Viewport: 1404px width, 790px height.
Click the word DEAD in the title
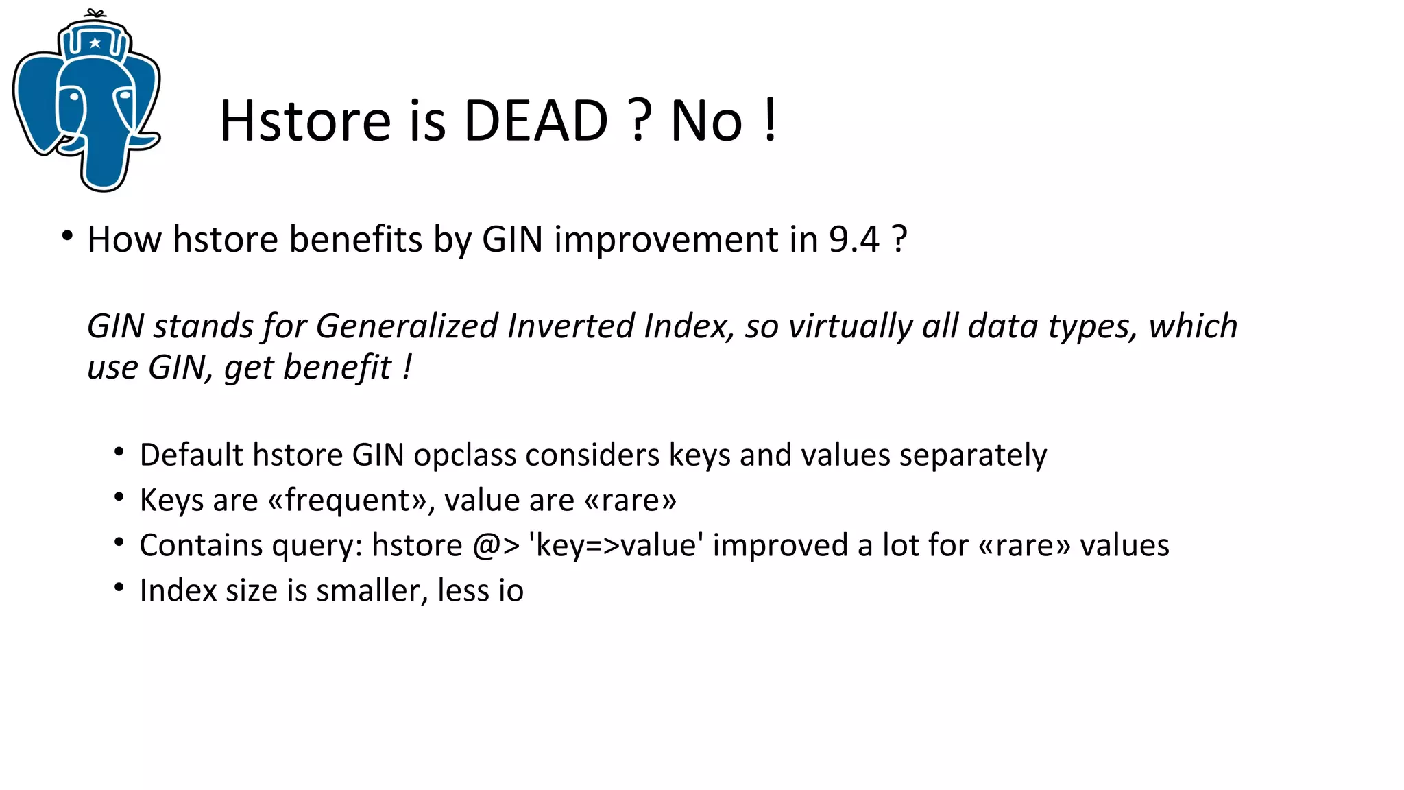[535, 121]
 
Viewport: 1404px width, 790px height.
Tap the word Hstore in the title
[305, 121]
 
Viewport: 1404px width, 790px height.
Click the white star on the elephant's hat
[95, 43]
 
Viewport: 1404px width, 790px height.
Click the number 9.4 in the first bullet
[854, 239]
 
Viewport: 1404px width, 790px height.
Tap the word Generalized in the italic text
[407, 326]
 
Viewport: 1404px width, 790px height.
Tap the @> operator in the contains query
[496, 546]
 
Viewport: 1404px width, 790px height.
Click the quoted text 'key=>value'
[616, 546]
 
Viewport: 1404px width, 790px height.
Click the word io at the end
[511, 590]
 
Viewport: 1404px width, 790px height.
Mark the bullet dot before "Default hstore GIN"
[119, 452]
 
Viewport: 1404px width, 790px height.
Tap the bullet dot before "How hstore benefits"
[66, 236]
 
